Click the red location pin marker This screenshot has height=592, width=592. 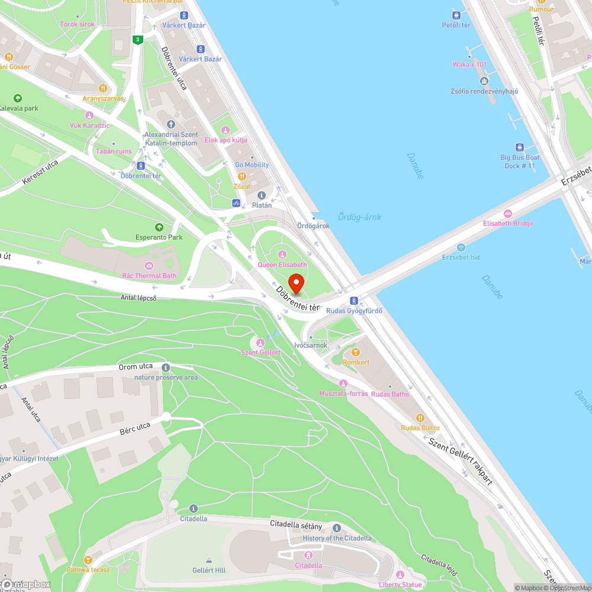tap(296, 283)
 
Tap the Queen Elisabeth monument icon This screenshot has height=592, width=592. tap(282, 255)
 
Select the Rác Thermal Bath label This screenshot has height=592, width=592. tap(149, 276)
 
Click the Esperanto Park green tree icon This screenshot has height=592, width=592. tap(159, 227)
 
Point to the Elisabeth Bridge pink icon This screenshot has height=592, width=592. tap(507, 214)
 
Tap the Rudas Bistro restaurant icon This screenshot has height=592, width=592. tap(420, 418)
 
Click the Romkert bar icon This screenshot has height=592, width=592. tap(355, 352)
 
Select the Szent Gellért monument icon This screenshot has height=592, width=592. tap(260, 343)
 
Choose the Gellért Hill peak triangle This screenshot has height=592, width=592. tap(209, 560)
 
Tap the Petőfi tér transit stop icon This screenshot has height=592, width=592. tap(456, 15)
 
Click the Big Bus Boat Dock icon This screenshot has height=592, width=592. tap(519, 147)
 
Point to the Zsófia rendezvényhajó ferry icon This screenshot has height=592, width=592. tap(484, 81)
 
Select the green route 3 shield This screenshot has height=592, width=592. tap(137, 40)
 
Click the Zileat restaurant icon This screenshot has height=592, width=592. tap(242, 176)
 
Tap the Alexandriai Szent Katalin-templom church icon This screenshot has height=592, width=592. tap(171, 124)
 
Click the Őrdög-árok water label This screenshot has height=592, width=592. tap(359, 217)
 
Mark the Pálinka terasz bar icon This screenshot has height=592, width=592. tap(88, 559)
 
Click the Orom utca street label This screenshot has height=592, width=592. tap(136, 366)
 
